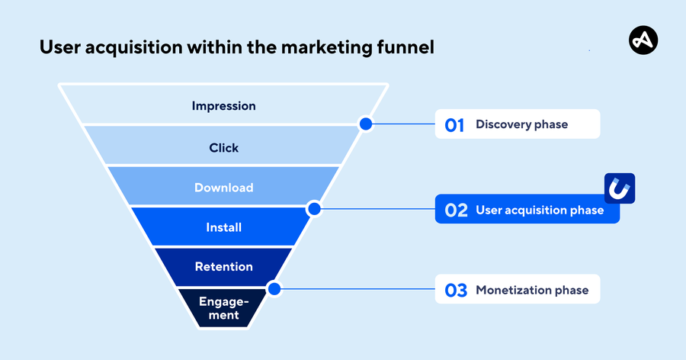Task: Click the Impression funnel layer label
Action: (x=223, y=106)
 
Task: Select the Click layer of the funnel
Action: (x=223, y=147)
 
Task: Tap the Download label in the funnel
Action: (x=223, y=188)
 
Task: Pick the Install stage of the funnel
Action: (x=223, y=227)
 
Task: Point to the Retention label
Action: (x=223, y=267)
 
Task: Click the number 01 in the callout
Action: (x=454, y=125)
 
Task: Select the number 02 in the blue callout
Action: (x=456, y=211)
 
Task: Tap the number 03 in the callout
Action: (x=455, y=291)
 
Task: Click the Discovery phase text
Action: (x=521, y=124)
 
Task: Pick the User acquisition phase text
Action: (x=539, y=210)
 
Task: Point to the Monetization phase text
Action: (x=531, y=290)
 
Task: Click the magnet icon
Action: (x=620, y=188)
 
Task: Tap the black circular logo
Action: (x=643, y=40)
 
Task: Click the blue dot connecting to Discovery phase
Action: (x=366, y=124)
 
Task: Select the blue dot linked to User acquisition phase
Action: (x=313, y=208)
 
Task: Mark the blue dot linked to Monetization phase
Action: (x=274, y=289)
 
